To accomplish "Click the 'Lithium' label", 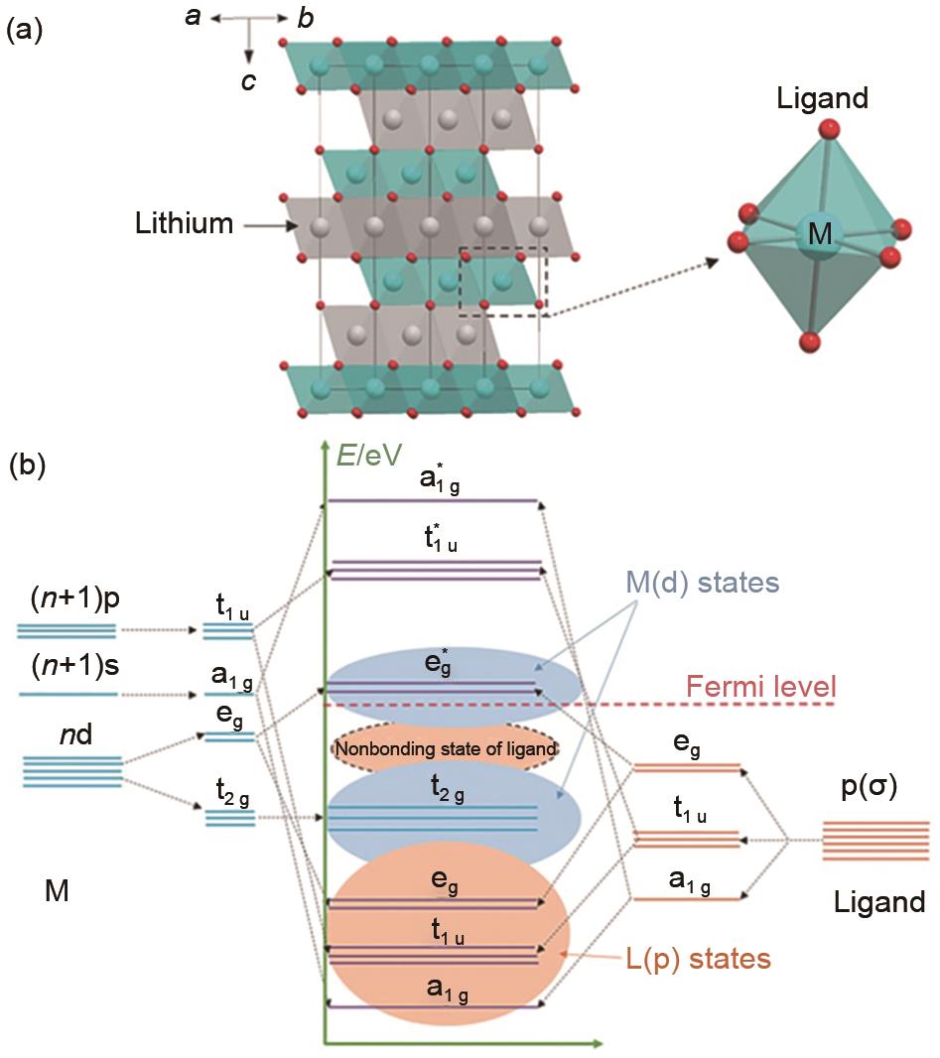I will click(x=184, y=224).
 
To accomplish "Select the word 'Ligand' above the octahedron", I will click(x=823, y=99).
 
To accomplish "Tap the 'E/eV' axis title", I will click(x=369, y=454).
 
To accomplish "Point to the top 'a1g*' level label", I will click(x=433, y=480).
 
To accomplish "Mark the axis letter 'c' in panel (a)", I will click(x=249, y=79).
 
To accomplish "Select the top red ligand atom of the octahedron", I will click(x=824, y=131).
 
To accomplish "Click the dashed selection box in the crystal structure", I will click(x=502, y=281).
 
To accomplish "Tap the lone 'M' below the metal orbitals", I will click(x=57, y=892).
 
